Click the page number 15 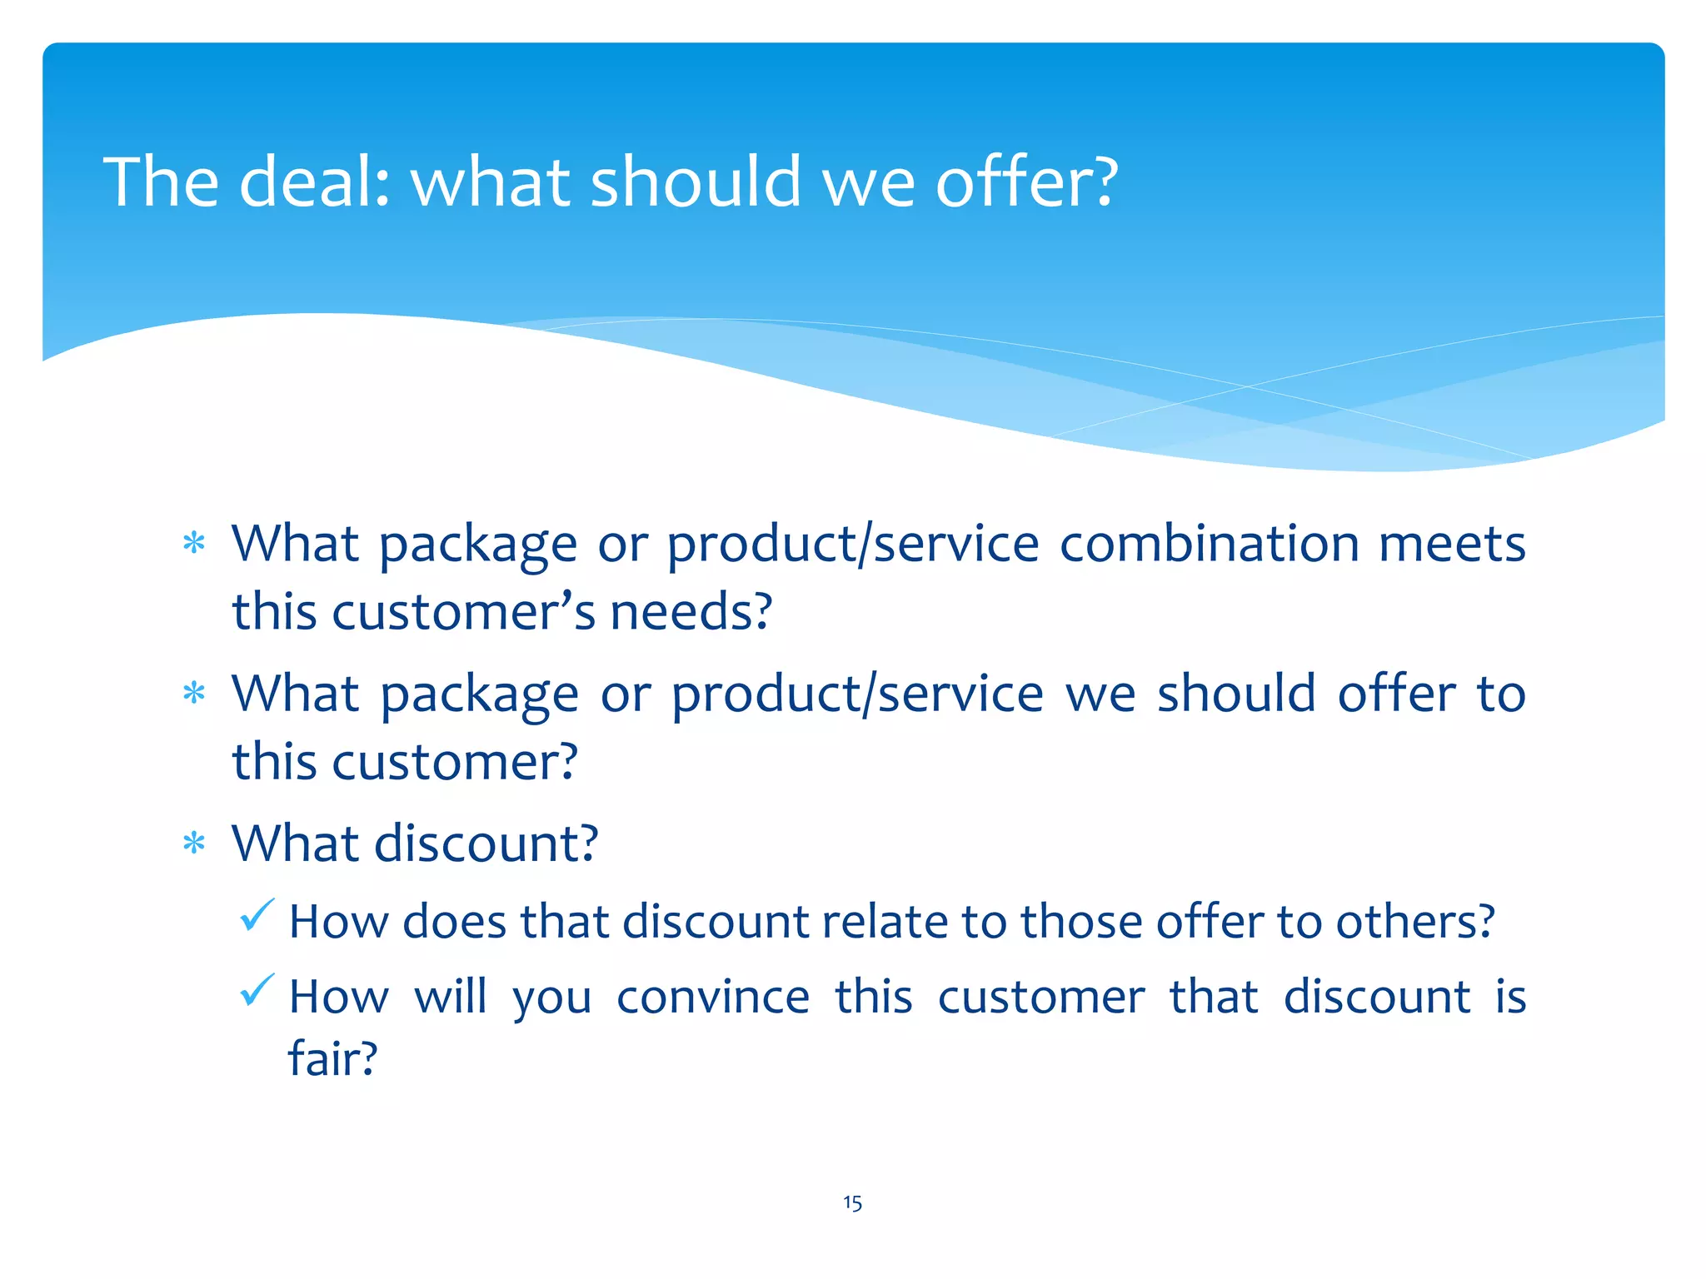[x=852, y=1202]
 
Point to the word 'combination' [x=1210, y=544]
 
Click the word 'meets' [x=1452, y=544]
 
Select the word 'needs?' [x=691, y=612]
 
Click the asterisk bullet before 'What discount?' [x=194, y=844]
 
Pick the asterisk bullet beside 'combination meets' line [x=194, y=545]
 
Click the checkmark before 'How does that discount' [x=257, y=915]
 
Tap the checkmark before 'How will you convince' [x=257, y=990]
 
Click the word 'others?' [x=1415, y=922]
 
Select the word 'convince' [x=713, y=997]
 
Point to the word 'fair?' [x=332, y=1059]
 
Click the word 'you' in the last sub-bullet [x=551, y=998]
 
